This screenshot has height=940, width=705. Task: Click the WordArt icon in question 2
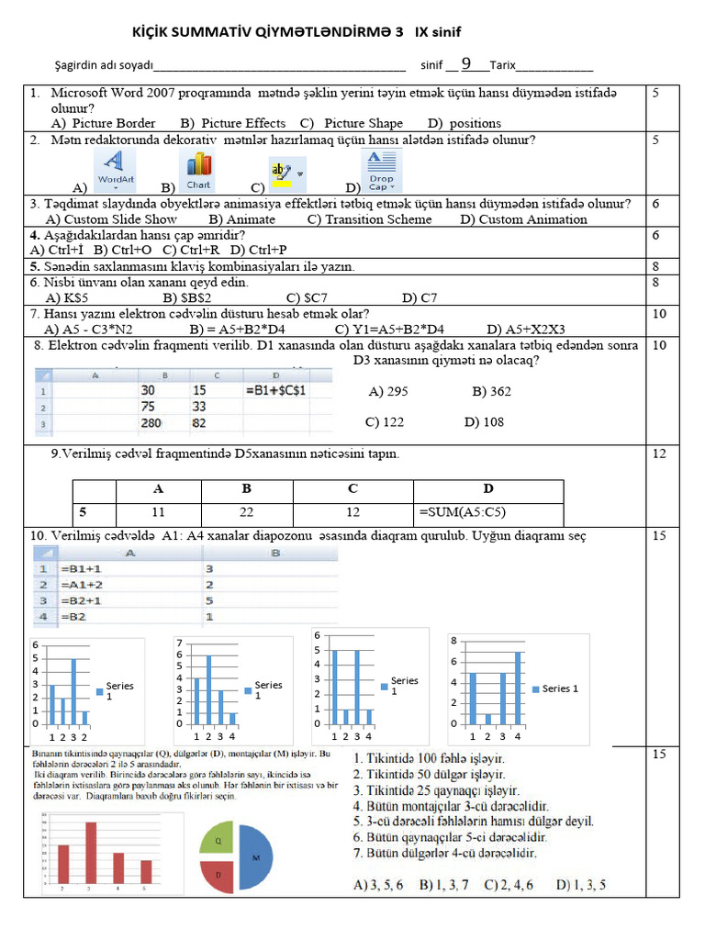[x=116, y=172]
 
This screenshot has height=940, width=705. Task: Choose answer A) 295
[x=388, y=391]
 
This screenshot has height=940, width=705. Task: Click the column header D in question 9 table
[x=487, y=489]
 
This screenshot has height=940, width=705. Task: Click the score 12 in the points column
[x=659, y=453]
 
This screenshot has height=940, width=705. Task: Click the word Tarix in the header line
[x=503, y=65]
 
